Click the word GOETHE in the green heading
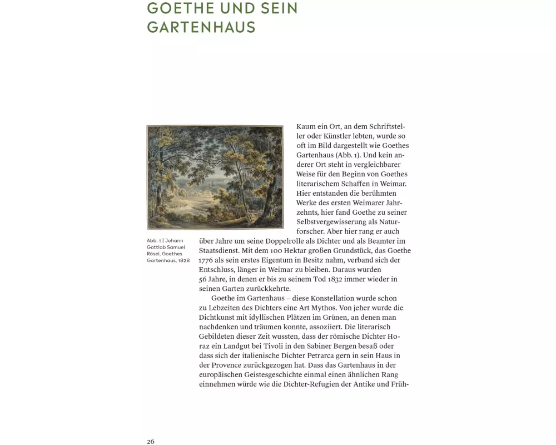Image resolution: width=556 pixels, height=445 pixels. (179, 9)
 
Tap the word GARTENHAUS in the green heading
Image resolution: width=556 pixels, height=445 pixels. (201, 27)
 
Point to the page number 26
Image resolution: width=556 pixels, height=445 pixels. (151, 441)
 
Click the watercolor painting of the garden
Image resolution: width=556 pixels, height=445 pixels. (215, 177)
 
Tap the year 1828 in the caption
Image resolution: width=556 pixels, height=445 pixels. (184, 260)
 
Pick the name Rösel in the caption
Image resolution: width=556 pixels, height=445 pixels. (154, 254)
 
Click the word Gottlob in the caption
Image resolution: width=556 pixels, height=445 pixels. (157, 247)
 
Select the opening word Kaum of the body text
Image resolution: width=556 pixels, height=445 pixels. (306, 127)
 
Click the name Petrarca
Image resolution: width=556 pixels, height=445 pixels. (316, 355)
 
